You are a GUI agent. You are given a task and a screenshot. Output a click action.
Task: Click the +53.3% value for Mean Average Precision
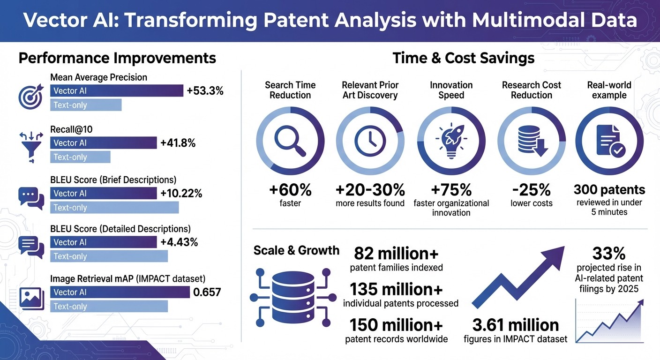click(x=205, y=91)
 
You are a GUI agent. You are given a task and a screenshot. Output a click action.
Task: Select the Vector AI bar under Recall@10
click(x=103, y=143)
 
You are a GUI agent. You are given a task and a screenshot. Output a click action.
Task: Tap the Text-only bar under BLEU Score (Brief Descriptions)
click(x=114, y=208)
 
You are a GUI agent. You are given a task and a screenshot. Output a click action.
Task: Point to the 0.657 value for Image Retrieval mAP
click(x=207, y=292)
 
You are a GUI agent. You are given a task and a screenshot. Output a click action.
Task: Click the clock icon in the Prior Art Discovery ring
click(x=370, y=141)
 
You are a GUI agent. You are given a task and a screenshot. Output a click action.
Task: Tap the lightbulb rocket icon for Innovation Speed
click(x=450, y=141)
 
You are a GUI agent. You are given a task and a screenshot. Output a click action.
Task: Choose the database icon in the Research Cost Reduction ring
click(x=532, y=141)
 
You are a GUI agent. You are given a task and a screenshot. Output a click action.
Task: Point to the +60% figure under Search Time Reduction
click(x=290, y=190)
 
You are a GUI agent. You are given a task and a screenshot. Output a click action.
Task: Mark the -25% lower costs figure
click(x=532, y=190)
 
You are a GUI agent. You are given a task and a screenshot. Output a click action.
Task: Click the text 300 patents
click(x=609, y=190)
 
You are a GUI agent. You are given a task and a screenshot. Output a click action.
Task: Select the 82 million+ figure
click(x=396, y=253)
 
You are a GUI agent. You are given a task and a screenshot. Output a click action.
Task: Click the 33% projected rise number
click(x=609, y=254)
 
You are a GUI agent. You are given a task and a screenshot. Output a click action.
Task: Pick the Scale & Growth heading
click(x=296, y=250)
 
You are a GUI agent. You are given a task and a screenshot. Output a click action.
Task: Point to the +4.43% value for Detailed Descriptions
click(x=179, y=242)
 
